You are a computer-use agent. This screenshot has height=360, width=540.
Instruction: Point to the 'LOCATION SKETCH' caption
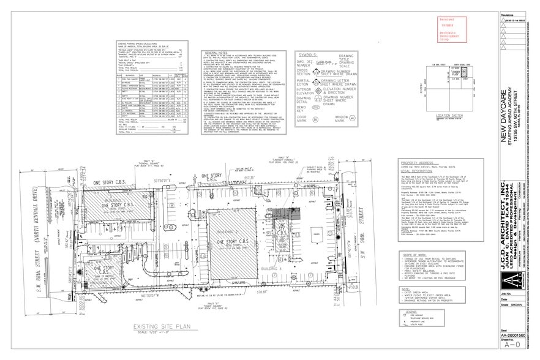coord(451,114)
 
